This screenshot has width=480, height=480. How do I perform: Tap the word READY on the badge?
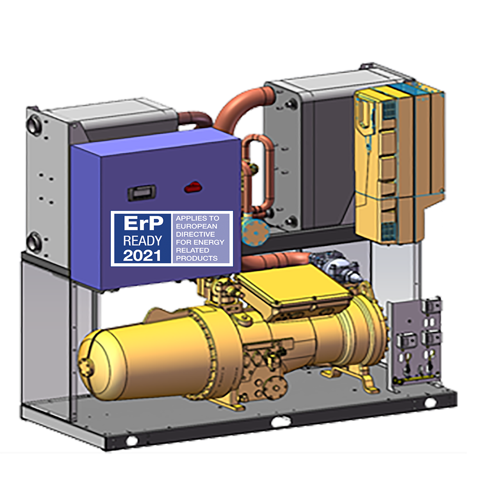tap(143, 240)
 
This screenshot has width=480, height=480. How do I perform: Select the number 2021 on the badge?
tap(142, 256)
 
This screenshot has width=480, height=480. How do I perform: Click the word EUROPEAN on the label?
tap(196, 226)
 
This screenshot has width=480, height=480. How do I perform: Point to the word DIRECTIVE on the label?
tap(195, 234)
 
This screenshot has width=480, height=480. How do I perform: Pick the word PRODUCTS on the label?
tap(196, 258)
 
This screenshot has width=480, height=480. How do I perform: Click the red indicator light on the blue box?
tap(193, 187)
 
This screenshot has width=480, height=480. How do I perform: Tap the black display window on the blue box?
tap(142, 193)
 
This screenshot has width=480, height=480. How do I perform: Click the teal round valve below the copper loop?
tap(255, 232)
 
